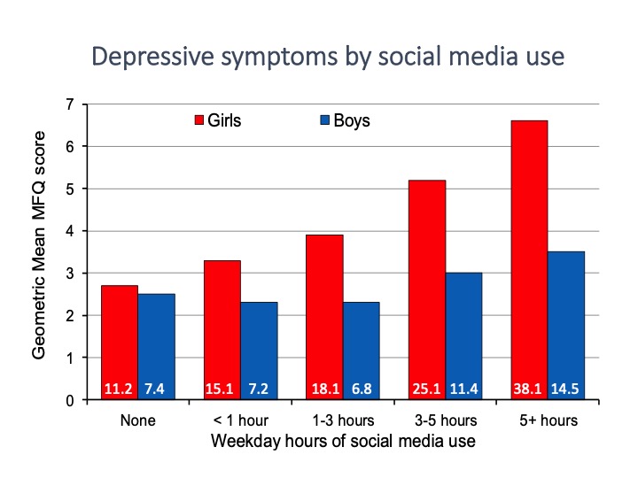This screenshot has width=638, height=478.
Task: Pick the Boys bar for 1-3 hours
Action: (x=361, y=345)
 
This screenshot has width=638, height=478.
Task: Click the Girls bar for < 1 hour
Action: (x=221, y=323)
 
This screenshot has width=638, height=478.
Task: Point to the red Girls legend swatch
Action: (x=199, y=120)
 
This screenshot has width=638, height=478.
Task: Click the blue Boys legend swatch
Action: (x=324, y=120)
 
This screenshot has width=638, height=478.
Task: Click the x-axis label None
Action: (x=137, y=420)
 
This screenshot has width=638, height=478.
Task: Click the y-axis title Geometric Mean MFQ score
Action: (x=40, y=252)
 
